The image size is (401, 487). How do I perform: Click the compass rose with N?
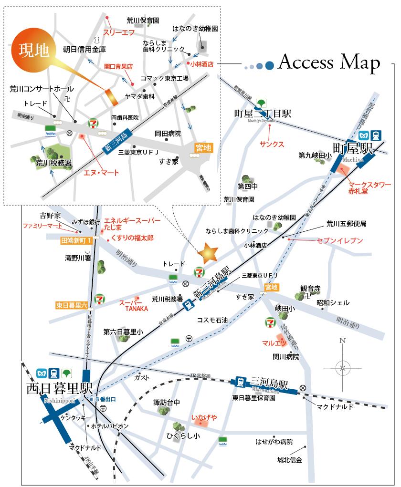pos(342,367)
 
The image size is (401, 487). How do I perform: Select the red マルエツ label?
pos(274,342)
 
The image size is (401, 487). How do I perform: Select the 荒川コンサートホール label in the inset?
pos(42,89)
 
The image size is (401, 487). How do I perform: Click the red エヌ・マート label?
pos(100,173)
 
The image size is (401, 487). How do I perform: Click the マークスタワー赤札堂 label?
pos(369,187)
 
